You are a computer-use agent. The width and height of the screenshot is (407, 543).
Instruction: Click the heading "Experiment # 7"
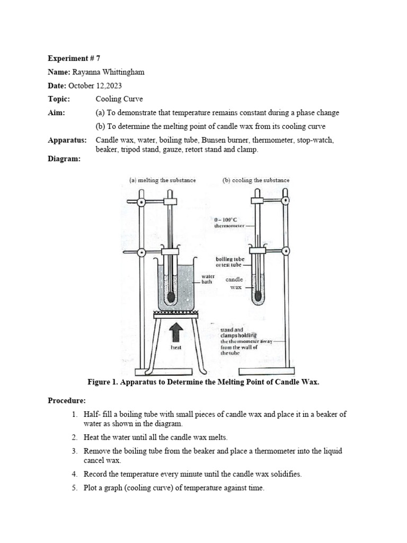coord(74,58)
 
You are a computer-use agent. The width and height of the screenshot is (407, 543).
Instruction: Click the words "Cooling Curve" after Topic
coord(119,99)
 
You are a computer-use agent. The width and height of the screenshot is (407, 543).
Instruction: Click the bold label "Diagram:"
coord(64,159)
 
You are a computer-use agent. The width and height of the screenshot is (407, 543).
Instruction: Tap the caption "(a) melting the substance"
coord(163,180)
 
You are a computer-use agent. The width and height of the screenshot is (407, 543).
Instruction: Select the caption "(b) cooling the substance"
coord(256,180)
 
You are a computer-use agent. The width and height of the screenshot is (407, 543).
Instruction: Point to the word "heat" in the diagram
coord(176,348)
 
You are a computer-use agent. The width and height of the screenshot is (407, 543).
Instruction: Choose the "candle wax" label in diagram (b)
coord(234,283)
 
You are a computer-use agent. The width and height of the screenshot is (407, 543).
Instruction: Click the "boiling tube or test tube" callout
coord(229,261)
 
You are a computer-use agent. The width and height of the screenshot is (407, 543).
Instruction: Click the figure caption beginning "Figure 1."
coord(203,382)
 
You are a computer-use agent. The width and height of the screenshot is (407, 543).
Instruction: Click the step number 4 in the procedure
coord(75,475)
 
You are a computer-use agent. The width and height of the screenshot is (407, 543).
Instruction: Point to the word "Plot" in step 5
coord(92,488)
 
